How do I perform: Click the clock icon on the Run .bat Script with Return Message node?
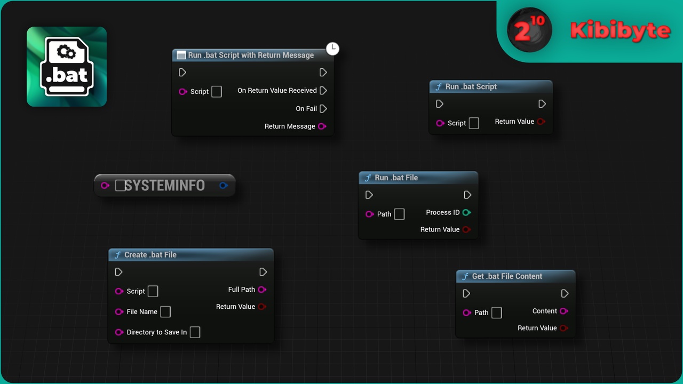pyautogui.click(x=332, y=49)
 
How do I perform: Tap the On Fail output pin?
pyautogui.click(x=323, y=108)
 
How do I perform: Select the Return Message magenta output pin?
pyautogui.click(x=322, y=126)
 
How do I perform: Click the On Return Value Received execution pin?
pyautogui.click(x=323, y=91)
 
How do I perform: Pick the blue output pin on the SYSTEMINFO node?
pyautogui.click(x=224, y=185)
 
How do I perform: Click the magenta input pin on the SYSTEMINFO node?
pyautogui.click(x=105, y=185)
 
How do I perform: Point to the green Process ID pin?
pyautogui.click(x=466, y=212)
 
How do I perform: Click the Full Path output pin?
pyautogui.click(x=262, y=290)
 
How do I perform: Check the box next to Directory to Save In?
pyautogui.click(x=195, y=332)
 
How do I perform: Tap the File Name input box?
pyautogui.click(x=165, y=312)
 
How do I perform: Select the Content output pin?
pyautogui.click(x=564, y=311)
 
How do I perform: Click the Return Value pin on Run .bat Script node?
pyautogui.click(x=541, y=122)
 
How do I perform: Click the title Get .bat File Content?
pyautogui.click(x=507, y=276)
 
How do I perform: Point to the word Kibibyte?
pyautogui.click(x=620, y=30)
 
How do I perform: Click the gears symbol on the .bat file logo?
pyautogui.click(x=66, y=52)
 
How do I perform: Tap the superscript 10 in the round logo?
pyautogui.click(x=537, y=20)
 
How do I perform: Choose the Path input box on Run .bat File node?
pyautogui.click(x=399, y=214)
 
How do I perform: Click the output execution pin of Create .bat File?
pyautogui.click(x=263, y=272)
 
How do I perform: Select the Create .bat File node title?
pyautogui.click(x=150, y=255)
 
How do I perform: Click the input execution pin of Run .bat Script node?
pyautogui.click(x=439, y=104)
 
